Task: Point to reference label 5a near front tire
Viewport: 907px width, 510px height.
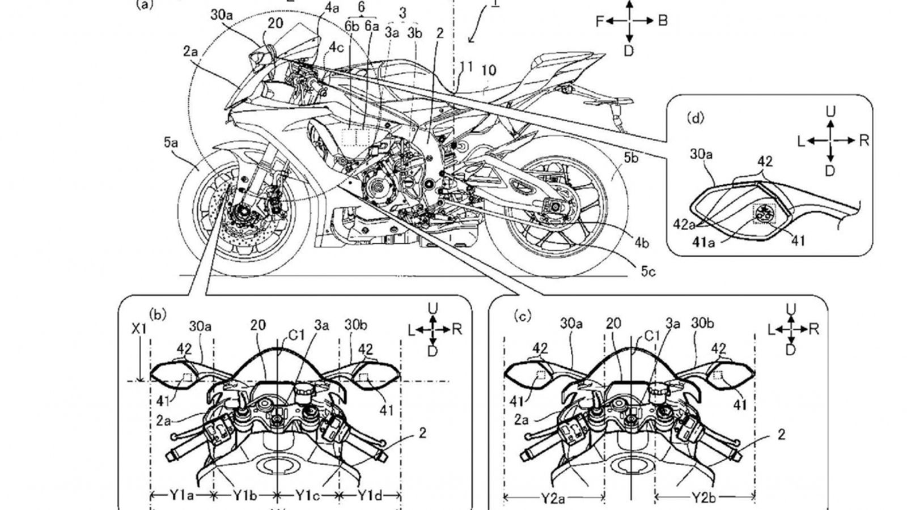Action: pyautogui.click(x=171, y=144)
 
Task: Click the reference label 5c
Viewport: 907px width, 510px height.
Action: pyautogui.click(x=648, y=272)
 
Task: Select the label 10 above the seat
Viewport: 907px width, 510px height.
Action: pyautogui.click(x=488, y=71)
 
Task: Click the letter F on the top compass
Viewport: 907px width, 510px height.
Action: pyautogui.click(x=600, y=21)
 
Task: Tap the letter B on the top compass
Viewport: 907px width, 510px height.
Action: pyautogui.click(x=662, y=21)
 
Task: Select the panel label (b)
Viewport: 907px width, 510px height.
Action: pyautogui.click(x=157, y=314)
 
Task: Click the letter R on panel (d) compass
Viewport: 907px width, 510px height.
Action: pyautogui.click(x=864, y=140)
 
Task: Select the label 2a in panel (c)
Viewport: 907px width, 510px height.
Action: pyautogui.click(x=521, y=420)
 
